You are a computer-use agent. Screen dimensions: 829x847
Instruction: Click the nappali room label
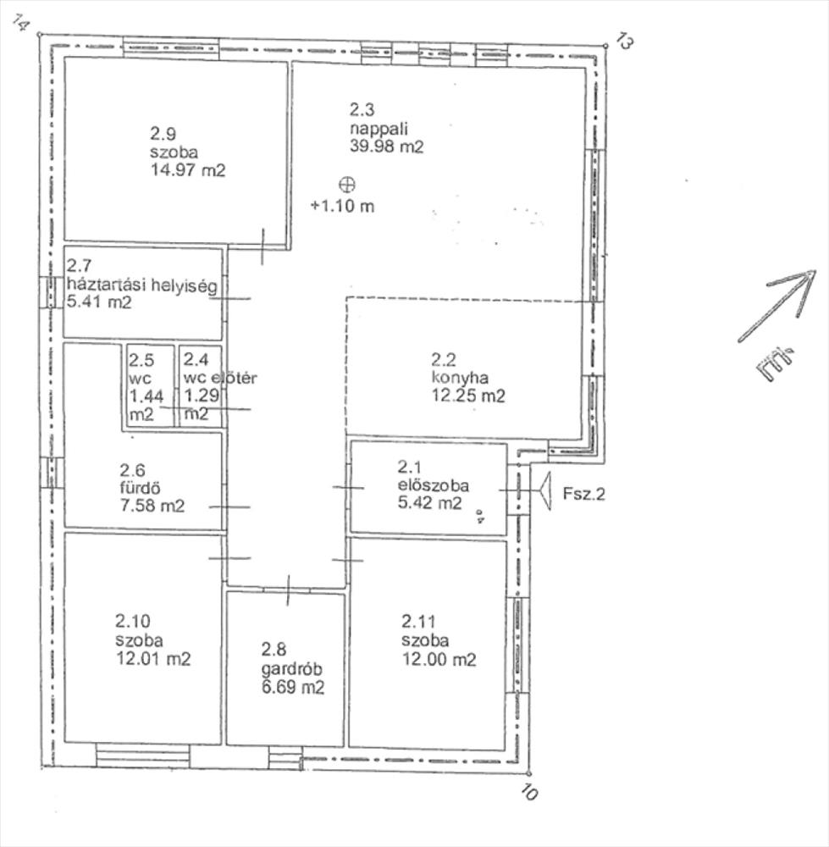[x=379, y=129]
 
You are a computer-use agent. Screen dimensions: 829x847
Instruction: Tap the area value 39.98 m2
[x=386, y=147]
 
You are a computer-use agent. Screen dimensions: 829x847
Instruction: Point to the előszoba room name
[x=434, y=485]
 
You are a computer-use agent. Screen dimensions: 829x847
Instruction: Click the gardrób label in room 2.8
[x=291, y=669]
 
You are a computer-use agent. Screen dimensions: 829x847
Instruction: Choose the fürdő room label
[x=140, y=488]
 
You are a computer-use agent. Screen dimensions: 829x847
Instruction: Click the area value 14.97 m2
[x=187, y=170]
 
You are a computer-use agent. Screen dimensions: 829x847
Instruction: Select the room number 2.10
[x=132, y=621]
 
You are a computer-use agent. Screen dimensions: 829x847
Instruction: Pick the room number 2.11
[x=418, y=621]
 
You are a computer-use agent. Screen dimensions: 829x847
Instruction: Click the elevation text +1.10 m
[x=342, y=206]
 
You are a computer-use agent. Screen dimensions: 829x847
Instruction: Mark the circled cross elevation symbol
[x=346, y=185]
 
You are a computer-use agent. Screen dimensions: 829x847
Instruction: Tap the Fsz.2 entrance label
[x=583, y=494]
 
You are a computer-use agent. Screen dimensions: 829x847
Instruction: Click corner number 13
[x=624, y=42]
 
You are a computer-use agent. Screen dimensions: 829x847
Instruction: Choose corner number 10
[x=530, y=792]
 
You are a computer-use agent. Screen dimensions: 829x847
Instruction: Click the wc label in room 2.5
[x=140, y=378]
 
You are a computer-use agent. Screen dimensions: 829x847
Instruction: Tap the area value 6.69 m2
[x=293, y=688]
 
